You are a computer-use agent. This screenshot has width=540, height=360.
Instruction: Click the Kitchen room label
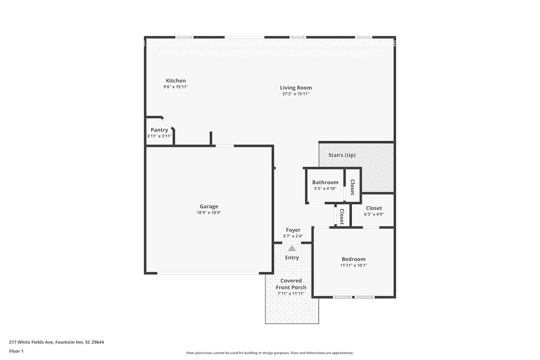click(176, 81)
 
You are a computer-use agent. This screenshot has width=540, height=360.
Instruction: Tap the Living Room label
click(296, 87)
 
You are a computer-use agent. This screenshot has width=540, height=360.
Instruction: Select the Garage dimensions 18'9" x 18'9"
click(209, 213)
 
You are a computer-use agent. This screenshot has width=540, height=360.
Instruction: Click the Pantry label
click(159, 130)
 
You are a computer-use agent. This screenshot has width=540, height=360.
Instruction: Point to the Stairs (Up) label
click(342, 155)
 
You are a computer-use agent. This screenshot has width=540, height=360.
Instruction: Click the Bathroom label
click(325, 183)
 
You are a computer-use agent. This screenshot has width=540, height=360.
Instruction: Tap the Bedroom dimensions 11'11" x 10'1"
click(354, 265)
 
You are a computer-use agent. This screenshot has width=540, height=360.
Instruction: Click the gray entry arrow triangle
click(292, 248)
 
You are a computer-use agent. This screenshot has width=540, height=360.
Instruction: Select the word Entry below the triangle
click(292, 258)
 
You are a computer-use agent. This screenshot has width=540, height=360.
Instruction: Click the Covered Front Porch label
click(291, 284)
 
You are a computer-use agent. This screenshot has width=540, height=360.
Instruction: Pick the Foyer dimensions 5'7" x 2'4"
click(293, 237)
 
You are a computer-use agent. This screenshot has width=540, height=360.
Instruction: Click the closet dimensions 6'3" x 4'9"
click(374, 214)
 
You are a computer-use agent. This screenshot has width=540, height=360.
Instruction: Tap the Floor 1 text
click(16, 351)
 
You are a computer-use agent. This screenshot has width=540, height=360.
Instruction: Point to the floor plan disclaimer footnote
click(270, 353)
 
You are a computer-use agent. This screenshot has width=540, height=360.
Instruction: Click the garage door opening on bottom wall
click(208, 273)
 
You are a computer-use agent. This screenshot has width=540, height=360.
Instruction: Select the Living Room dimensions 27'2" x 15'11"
click(296, 94)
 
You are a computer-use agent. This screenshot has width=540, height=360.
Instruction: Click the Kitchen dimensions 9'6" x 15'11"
click(176, 87)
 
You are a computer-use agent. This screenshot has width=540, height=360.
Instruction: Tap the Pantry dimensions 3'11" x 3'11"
click(159, 136)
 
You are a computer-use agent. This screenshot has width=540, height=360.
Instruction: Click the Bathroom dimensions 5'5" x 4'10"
click(325, 189)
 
